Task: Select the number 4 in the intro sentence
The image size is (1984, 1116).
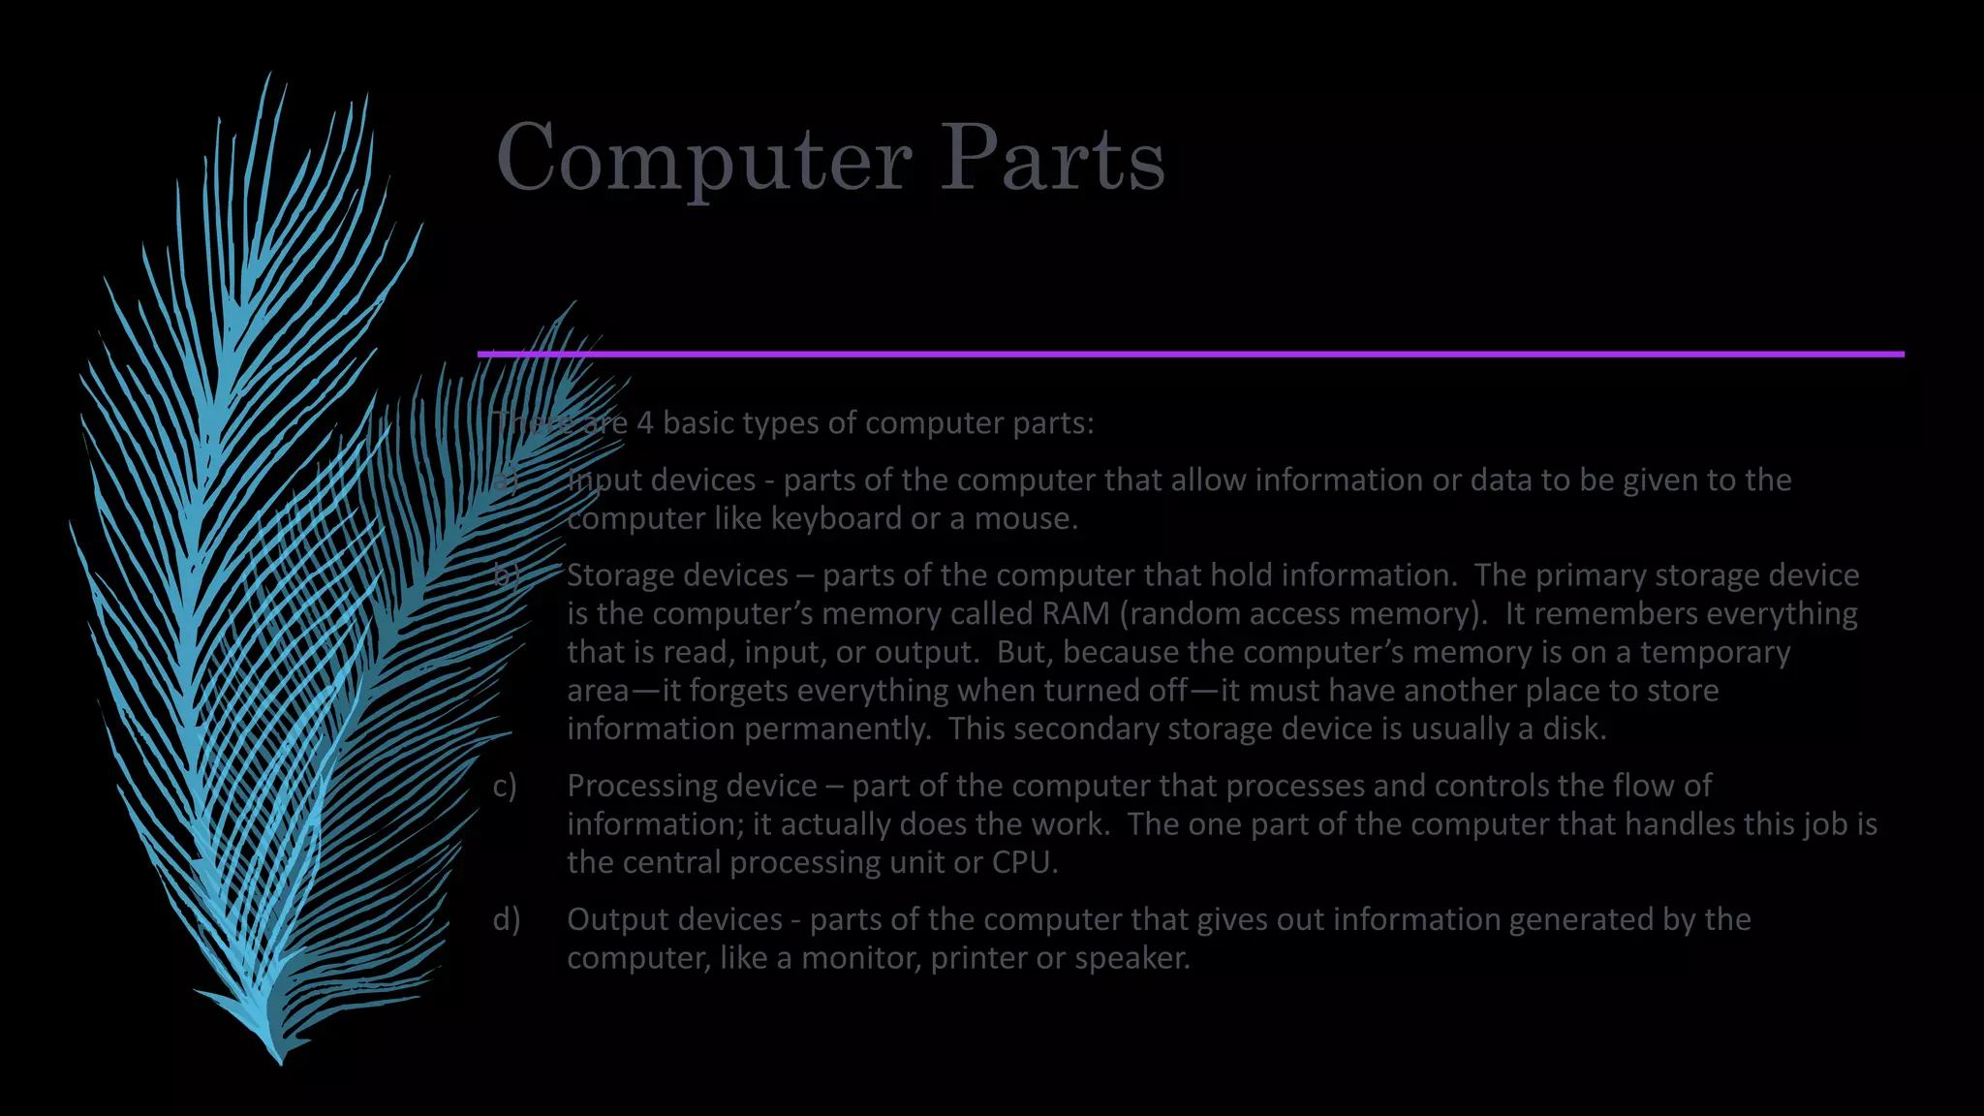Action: [645, 423]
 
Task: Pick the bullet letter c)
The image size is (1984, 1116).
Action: [505, 786]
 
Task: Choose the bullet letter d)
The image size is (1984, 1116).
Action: [506, 919]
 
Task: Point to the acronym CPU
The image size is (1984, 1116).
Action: [1023, 862]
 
